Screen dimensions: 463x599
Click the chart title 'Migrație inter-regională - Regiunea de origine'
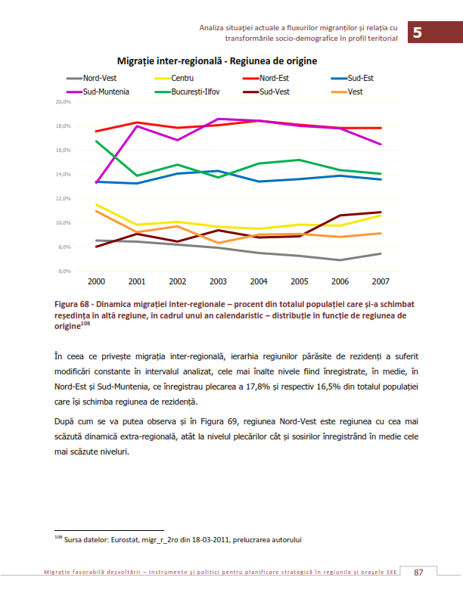click(217, 61)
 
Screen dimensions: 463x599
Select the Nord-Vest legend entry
click(92, 79)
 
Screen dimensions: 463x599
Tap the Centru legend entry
click(174, 79)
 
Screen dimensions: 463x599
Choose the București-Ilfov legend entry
click(187, 92)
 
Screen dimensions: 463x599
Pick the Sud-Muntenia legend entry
click(98, 92)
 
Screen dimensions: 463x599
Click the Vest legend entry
click(346, 92)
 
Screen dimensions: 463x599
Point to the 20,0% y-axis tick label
click(64, 102)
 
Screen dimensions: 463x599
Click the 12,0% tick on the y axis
click(64, 199)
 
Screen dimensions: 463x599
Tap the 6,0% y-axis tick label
click(64, 272)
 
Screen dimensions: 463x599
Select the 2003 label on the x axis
click(218, 281)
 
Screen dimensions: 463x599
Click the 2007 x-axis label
click(381, 281)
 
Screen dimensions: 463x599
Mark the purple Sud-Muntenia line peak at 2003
click(218, 119)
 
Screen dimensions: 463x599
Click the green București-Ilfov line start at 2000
click(96, 141)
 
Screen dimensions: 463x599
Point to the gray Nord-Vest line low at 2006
click(340, 260)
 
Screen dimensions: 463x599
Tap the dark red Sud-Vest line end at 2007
click(381, 212)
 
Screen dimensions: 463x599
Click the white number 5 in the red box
click(418, 33)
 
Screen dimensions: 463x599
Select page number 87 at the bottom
click(418, 573)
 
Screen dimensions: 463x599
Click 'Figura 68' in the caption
click(71, 305)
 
